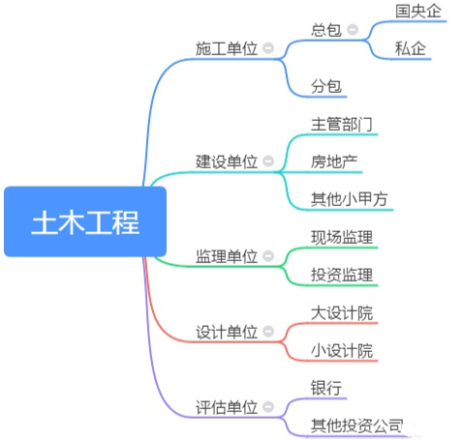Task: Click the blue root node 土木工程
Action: tap(85, 221)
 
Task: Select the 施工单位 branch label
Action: tap(227, 48)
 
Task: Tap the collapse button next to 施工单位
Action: tap(268, 48)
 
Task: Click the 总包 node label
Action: tap(326, 30)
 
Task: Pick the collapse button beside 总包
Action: tap(353, 30)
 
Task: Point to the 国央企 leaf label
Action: tap(418, 12)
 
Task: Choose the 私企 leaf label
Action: tap(411, 48)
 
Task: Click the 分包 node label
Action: tap(326, 86)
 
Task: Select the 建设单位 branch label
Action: tap(227, 161)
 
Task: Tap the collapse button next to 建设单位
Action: tap(268, 161)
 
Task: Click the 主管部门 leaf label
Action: tap(342, 124)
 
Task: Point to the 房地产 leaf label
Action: tap(334, 161)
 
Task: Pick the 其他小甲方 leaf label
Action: tap(350, 199)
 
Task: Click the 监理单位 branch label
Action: tap(227, 256)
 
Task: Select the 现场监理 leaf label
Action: tap(342, 237)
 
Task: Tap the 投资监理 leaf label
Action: tap(342, 275)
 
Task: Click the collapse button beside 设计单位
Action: tap(268, 332)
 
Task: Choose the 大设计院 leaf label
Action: tap(342, 312)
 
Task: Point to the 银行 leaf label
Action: tap(326, 388)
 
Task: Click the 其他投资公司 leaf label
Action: tap(357, 425)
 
